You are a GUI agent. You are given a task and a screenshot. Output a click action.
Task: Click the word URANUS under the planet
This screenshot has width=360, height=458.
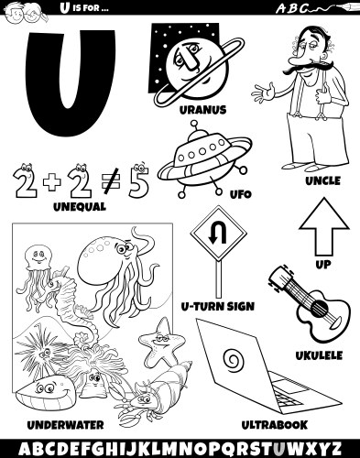[202, 110]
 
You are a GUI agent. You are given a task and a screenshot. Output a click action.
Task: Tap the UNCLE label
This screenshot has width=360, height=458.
[323, 180]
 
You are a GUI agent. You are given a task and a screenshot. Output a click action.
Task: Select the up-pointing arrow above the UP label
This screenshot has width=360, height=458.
[323, 226]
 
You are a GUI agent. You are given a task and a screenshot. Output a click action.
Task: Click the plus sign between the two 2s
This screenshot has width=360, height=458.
[52, 182]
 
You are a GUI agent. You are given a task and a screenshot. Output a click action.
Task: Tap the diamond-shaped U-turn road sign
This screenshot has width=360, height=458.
[218, 234]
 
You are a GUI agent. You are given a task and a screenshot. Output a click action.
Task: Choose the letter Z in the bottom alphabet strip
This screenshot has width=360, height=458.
[334, 449]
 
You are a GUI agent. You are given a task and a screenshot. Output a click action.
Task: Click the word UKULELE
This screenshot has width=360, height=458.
[319, 355]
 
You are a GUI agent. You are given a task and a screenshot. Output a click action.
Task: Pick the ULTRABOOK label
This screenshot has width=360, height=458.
[275, 425]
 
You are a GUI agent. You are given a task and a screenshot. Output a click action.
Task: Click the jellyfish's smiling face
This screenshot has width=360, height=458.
[38, 257]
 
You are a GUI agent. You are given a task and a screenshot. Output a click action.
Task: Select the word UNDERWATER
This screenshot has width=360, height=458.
[66, 425]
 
